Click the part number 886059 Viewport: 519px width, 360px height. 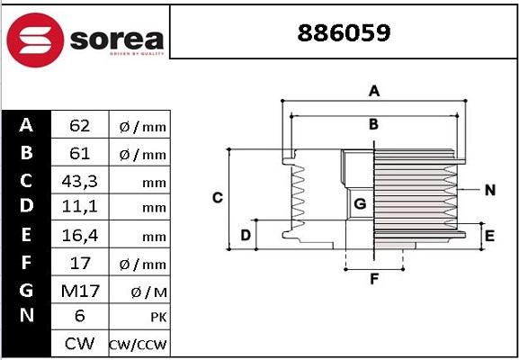click(344, 33)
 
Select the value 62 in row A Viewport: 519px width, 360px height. click(78, 126)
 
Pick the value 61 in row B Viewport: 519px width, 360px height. click(78, 153)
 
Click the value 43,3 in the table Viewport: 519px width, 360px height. click(78, 181)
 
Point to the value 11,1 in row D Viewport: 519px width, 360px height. click(78, 207)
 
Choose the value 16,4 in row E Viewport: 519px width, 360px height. click(78, 235)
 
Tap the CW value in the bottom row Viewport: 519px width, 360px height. click(78, 344)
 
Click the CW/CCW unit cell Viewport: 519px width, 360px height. click(138, 345)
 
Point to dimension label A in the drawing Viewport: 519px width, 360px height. click(374, 90)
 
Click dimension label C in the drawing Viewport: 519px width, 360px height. click(217, 197)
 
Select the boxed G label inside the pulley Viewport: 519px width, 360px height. click(360, 204)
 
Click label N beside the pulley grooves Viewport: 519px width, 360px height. click(489, 190)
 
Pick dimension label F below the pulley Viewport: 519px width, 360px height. click(373, 279)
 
